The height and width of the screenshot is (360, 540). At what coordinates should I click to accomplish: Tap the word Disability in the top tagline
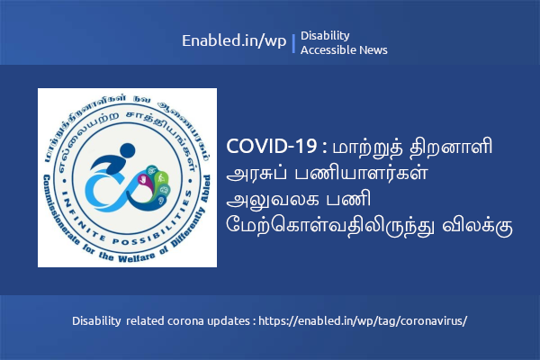[325, 35]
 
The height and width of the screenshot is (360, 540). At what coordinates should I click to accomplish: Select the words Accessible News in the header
[344, 50]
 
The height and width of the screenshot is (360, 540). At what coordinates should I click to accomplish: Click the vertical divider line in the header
[293, 43]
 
